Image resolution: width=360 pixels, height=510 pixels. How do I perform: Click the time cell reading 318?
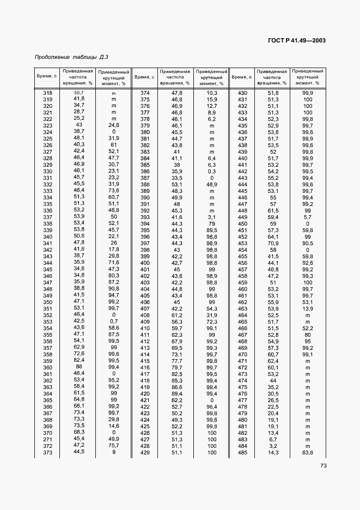coord(47,93)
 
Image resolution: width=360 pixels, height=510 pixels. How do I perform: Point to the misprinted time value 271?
coord(47,439)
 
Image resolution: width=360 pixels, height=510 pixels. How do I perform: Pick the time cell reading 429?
coord(145,453)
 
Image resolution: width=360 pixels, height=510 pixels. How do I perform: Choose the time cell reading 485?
coord(242,453)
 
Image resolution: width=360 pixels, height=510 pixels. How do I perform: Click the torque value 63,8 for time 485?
coord(308,453)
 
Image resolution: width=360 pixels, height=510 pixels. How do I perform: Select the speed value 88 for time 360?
coord(80,367)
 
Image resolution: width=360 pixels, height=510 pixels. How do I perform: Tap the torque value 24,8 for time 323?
coord(114,126)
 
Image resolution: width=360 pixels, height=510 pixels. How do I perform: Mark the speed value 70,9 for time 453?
coord(273,243)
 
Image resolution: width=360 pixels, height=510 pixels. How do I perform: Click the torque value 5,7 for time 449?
coord(308,217)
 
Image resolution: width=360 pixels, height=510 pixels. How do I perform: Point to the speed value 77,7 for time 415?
coord(176,361)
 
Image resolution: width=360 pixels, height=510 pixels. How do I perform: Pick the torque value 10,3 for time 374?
coord(211,93)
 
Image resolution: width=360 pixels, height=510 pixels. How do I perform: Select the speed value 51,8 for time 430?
coord(273,93)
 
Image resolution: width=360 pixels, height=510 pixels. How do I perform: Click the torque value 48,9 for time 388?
coord(211,184)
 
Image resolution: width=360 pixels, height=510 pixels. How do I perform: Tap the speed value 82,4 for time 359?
coord(80,361)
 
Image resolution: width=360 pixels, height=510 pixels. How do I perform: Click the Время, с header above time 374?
coord(144,77)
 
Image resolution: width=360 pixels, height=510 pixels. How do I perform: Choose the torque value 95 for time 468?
coord(308,342)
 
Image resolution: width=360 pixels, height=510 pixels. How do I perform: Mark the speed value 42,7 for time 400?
coord(176,263)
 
